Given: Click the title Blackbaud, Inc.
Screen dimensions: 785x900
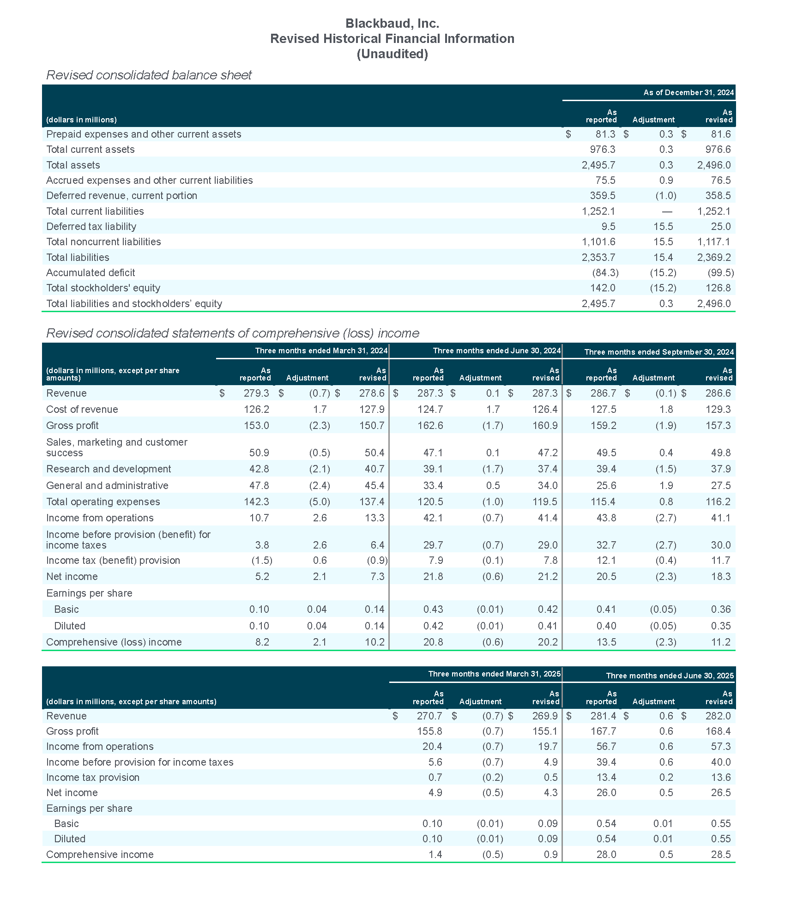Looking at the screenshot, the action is pos(392,24).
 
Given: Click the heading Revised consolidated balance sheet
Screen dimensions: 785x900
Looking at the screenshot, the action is pos(149,75).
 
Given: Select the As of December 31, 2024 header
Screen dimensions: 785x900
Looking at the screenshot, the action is pos(688,92).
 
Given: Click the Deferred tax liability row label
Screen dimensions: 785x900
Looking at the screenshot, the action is pos(91,226).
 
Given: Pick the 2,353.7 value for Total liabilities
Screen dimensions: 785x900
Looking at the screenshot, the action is pos(598,257).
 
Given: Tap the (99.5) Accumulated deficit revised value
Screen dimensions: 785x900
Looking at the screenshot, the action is pos(720,272).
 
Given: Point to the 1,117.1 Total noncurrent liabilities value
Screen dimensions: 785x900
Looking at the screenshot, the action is pos(714,242).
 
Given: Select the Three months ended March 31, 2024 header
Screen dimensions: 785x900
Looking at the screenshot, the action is pos(321,350).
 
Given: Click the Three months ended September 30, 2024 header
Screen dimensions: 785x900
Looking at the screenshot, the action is pos(659,352).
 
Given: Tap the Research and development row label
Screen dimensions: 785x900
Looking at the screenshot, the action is pos(109,469).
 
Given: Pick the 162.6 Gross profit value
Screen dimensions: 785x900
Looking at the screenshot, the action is pos(430,425).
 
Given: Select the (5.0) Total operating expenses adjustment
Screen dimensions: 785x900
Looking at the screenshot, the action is pos(320,501).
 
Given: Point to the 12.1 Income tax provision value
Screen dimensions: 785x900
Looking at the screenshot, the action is pos(606,560).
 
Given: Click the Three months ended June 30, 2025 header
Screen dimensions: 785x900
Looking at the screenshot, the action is pos(670,676).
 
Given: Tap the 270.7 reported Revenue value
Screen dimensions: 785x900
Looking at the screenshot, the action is pos(429,716).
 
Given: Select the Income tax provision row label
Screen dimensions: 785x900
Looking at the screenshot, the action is pos(93,777).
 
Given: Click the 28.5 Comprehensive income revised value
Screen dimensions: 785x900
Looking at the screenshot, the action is pos(721,854).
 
